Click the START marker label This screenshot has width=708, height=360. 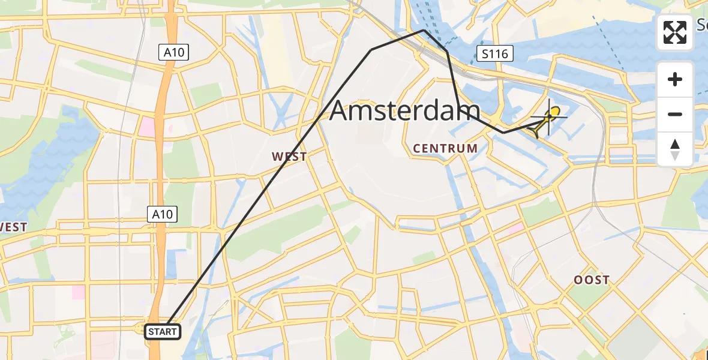click(x=163, y=331)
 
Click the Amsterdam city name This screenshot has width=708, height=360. click(x=405, y=112)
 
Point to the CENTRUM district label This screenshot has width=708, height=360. click(x=445, y=148)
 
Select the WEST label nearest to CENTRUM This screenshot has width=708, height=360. click(x=289, y=157)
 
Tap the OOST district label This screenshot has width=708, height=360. click(x=591, y=280)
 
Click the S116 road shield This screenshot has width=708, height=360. click(x=495, y=54)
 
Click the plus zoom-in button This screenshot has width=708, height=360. click(x=675, y=79)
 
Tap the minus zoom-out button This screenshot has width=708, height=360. click(x=675, y=114)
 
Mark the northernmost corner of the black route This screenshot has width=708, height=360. click(x=424, y=29)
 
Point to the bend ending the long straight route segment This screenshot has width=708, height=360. click(x=371, y=50)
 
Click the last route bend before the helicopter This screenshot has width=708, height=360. click(x=503, y=132)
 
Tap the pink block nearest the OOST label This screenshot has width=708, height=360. click(x=514, y=229)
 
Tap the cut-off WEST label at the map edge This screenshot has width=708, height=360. click(x=13, y=227)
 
